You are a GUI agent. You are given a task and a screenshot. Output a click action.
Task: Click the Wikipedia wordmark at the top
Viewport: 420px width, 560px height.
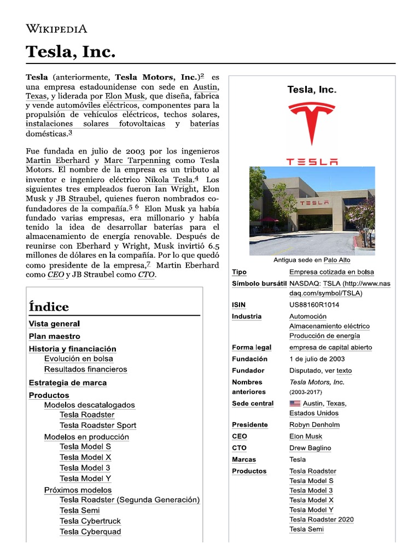[56, 29]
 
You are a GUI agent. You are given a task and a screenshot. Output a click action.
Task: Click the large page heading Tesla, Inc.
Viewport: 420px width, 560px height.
[71, 52]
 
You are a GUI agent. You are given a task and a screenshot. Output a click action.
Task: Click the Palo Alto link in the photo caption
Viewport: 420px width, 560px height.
[337, 260]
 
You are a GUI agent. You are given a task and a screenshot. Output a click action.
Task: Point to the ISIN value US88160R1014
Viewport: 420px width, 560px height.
[314, 305]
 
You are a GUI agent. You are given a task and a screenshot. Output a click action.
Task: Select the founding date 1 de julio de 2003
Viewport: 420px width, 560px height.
[317, 359]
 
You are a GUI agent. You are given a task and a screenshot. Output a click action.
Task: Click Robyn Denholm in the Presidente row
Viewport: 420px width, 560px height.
[314, 424]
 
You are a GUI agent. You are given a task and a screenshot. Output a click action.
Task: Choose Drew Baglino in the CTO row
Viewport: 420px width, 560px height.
[310, 448]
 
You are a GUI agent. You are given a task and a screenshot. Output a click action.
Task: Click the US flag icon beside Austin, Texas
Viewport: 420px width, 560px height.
[295, 404]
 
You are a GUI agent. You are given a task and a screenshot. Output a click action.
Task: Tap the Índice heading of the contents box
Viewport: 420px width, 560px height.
[49, 307]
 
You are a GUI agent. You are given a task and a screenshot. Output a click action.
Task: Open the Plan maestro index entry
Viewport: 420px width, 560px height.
[54, 336]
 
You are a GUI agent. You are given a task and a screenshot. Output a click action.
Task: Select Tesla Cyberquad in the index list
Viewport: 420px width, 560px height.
[90, 532]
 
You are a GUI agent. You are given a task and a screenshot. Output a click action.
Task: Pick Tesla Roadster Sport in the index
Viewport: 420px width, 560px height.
[98, 425]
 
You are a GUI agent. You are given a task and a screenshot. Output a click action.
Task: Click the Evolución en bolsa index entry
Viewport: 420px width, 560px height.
[79, 359]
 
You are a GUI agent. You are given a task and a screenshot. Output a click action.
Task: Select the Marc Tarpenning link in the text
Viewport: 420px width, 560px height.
[137, 160]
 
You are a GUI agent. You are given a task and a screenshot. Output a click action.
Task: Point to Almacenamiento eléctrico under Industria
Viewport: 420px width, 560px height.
[329, 326]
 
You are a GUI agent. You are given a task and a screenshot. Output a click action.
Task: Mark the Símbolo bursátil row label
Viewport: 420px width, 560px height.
[259, 284]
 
